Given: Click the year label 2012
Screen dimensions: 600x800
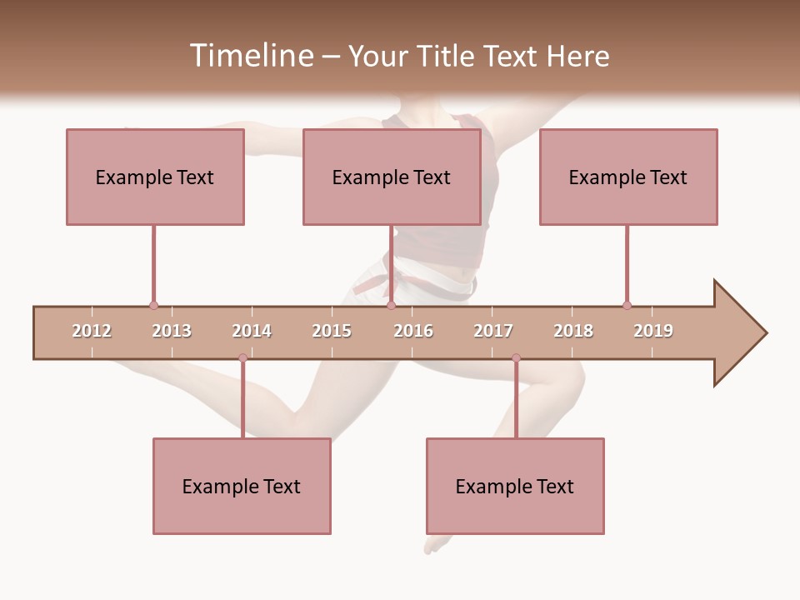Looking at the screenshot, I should coord(92,331).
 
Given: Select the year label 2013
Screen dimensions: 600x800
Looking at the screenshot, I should coord(172,331).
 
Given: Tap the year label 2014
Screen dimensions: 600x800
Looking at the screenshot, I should coord(252,331).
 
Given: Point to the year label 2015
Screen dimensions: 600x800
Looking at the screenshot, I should coord(332,331).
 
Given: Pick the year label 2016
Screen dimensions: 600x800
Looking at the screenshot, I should coord(413,331).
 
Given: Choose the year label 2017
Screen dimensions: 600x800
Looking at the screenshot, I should coord(493,331).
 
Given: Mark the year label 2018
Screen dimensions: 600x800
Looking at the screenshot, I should coord(573,331).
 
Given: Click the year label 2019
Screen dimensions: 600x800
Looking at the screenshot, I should coord(653,331).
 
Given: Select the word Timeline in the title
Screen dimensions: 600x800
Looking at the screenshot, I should coord(250,56).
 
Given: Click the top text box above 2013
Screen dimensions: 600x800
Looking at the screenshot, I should coord(155,177).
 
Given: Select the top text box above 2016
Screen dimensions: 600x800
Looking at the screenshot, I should coord(392,177).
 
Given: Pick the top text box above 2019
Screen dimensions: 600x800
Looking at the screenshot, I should coord(628,177).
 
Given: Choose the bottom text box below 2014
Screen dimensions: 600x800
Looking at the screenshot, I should coord(242,487).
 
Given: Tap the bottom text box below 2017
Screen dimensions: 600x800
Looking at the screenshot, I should coord(515,487).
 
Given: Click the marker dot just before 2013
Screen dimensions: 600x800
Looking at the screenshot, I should coord(153,306).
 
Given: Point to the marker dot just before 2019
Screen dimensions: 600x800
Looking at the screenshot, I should coord(627,306).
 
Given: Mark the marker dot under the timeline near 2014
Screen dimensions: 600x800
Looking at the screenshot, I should coord(242,358).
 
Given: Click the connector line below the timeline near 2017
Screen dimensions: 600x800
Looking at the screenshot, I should coord(516,400).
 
